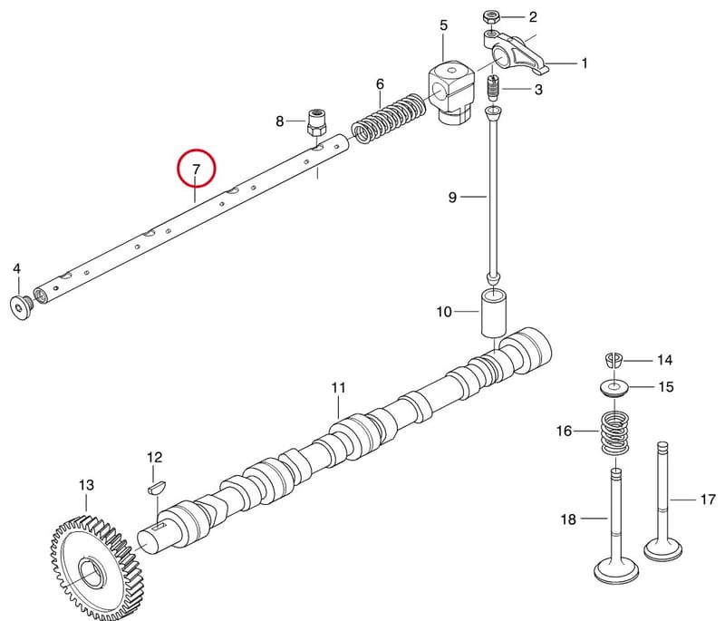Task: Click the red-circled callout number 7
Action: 196,169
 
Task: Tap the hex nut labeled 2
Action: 490,18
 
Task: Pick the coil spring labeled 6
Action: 389,119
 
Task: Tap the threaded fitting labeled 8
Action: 316,121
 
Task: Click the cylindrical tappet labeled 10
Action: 494,313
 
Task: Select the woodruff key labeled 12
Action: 155,488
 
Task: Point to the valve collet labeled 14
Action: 614,359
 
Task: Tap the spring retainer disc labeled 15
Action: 614,387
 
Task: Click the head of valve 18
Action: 616,570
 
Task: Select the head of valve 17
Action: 663,548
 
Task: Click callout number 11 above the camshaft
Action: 338,387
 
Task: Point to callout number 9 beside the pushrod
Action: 452,197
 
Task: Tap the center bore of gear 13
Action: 95,572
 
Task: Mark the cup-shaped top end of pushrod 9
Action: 493,112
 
